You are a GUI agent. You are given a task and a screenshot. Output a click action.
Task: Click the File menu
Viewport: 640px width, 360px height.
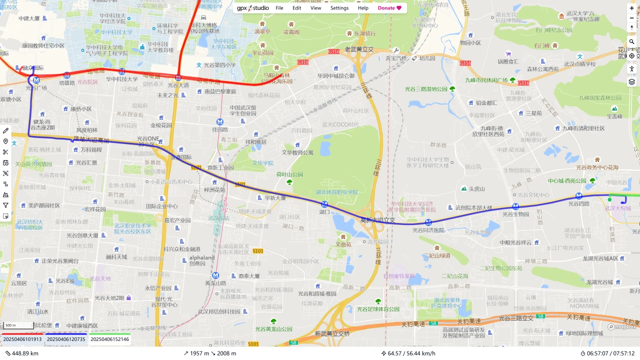[279, 8]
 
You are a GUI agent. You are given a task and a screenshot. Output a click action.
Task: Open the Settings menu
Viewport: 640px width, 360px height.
[339, 8]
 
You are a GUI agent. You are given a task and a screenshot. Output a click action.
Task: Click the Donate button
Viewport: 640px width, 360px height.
[389, 8]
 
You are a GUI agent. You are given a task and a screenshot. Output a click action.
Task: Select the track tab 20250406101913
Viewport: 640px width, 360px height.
[22, 339]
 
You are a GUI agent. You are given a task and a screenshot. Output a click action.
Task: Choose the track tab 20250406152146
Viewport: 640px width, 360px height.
[109, 339]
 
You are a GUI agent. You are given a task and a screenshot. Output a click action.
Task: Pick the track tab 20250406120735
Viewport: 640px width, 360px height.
[66, 339]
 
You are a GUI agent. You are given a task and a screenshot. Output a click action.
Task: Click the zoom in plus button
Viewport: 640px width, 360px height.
[632, 8]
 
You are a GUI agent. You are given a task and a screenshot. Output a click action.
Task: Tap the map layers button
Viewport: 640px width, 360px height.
[632, 81]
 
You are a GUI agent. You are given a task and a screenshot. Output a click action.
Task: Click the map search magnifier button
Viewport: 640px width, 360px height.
[632, 41]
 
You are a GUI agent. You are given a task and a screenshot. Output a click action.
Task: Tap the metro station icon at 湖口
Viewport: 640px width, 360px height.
[324, 204]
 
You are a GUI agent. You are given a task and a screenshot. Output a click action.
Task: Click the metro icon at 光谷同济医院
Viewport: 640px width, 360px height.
[428, 222]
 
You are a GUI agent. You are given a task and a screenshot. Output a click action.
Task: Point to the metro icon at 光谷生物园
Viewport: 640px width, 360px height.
[515, 206]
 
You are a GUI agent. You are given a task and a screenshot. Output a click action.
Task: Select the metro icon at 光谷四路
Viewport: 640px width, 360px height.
[579, 196]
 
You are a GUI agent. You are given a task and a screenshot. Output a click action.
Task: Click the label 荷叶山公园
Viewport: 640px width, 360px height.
[290, 174]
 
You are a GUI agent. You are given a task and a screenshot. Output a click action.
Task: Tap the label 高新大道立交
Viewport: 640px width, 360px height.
[378, 220]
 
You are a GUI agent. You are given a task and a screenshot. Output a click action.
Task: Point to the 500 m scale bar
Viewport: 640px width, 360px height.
[17, 325]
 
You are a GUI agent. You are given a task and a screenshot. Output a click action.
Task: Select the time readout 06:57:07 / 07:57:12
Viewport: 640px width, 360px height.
[607, 353]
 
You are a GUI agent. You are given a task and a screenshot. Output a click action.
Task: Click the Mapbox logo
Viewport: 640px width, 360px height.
[622, 327]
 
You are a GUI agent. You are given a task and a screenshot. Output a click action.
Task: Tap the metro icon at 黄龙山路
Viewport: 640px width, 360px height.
[215, 275]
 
